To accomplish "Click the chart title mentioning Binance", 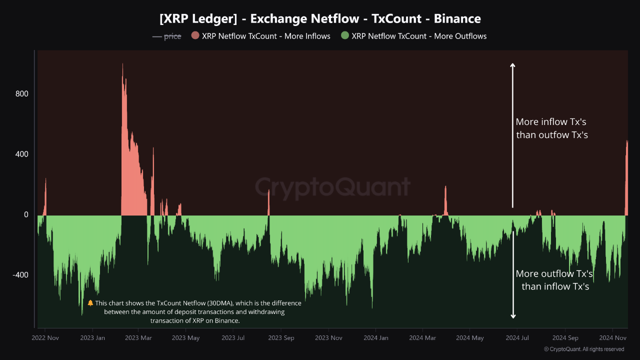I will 320,19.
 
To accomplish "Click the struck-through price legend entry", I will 167,36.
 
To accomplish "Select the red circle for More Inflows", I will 195,35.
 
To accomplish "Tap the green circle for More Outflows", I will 344,35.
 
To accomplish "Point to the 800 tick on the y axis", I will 21,94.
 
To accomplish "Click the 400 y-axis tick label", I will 21,154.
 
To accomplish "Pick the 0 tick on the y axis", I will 25,214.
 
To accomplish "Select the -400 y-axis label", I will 20,275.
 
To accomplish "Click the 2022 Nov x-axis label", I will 45,338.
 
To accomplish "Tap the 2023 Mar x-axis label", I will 138,338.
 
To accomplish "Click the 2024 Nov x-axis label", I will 613,338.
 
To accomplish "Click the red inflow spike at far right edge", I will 626,142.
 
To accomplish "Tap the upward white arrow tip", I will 512,64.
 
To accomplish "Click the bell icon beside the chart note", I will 90,303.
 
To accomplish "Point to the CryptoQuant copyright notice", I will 584,349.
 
